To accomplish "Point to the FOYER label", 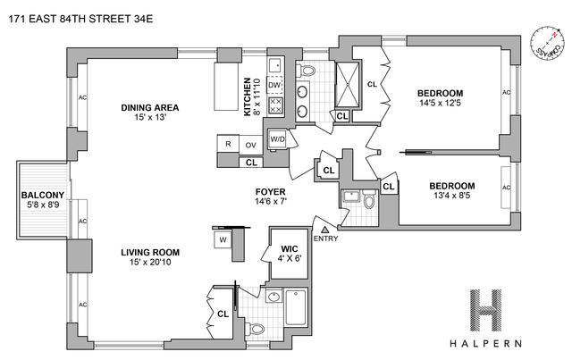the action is coord(271,191).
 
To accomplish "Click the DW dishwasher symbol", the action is coord(275,86).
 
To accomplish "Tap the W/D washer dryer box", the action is coord(277,139).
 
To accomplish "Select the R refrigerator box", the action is coord(229,143).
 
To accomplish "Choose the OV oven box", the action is coord(251,143).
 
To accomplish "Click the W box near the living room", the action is coord(221,239).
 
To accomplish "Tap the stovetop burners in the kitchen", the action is coord(276,107).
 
